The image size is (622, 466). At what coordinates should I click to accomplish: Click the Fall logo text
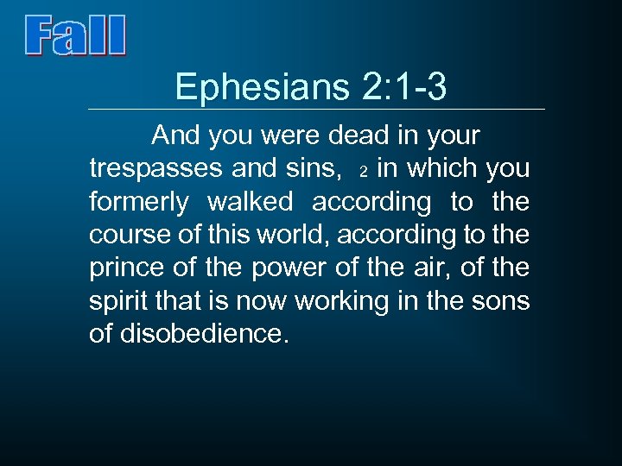pos(76,36)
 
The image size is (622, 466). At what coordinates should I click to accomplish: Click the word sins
pos(313,169)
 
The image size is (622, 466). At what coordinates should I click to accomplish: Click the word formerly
pos(139,202)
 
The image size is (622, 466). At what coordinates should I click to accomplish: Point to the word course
pos(127,235)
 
